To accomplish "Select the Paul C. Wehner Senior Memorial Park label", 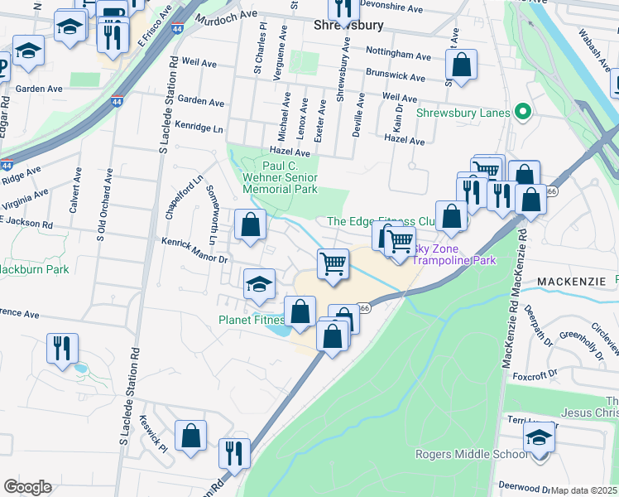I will (x=280, y=177).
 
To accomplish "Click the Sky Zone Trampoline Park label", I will (x=453, y=254).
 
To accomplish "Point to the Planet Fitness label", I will (x=251, y=320).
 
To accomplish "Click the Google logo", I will (x=27, y=487).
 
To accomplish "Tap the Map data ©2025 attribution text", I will (x=584, y=490).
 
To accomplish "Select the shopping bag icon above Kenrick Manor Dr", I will (x=250, y=224).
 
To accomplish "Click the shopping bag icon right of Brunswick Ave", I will (x=461, y=64).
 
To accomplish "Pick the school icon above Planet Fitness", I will (x=259, y=283).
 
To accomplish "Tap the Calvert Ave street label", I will (x=74, y=191).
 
